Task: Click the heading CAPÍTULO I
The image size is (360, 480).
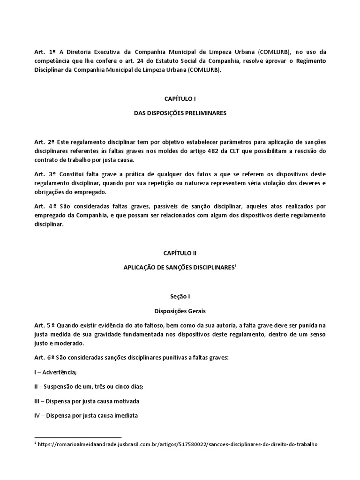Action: (180, 98)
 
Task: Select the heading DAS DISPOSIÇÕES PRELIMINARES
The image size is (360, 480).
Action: (180, 113)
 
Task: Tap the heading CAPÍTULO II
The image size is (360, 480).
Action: (180, 253)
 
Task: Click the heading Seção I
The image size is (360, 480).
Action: (180, 297)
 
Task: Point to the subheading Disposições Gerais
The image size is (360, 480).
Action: (180, 310)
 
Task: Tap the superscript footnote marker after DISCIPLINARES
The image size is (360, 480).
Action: (235, 265)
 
